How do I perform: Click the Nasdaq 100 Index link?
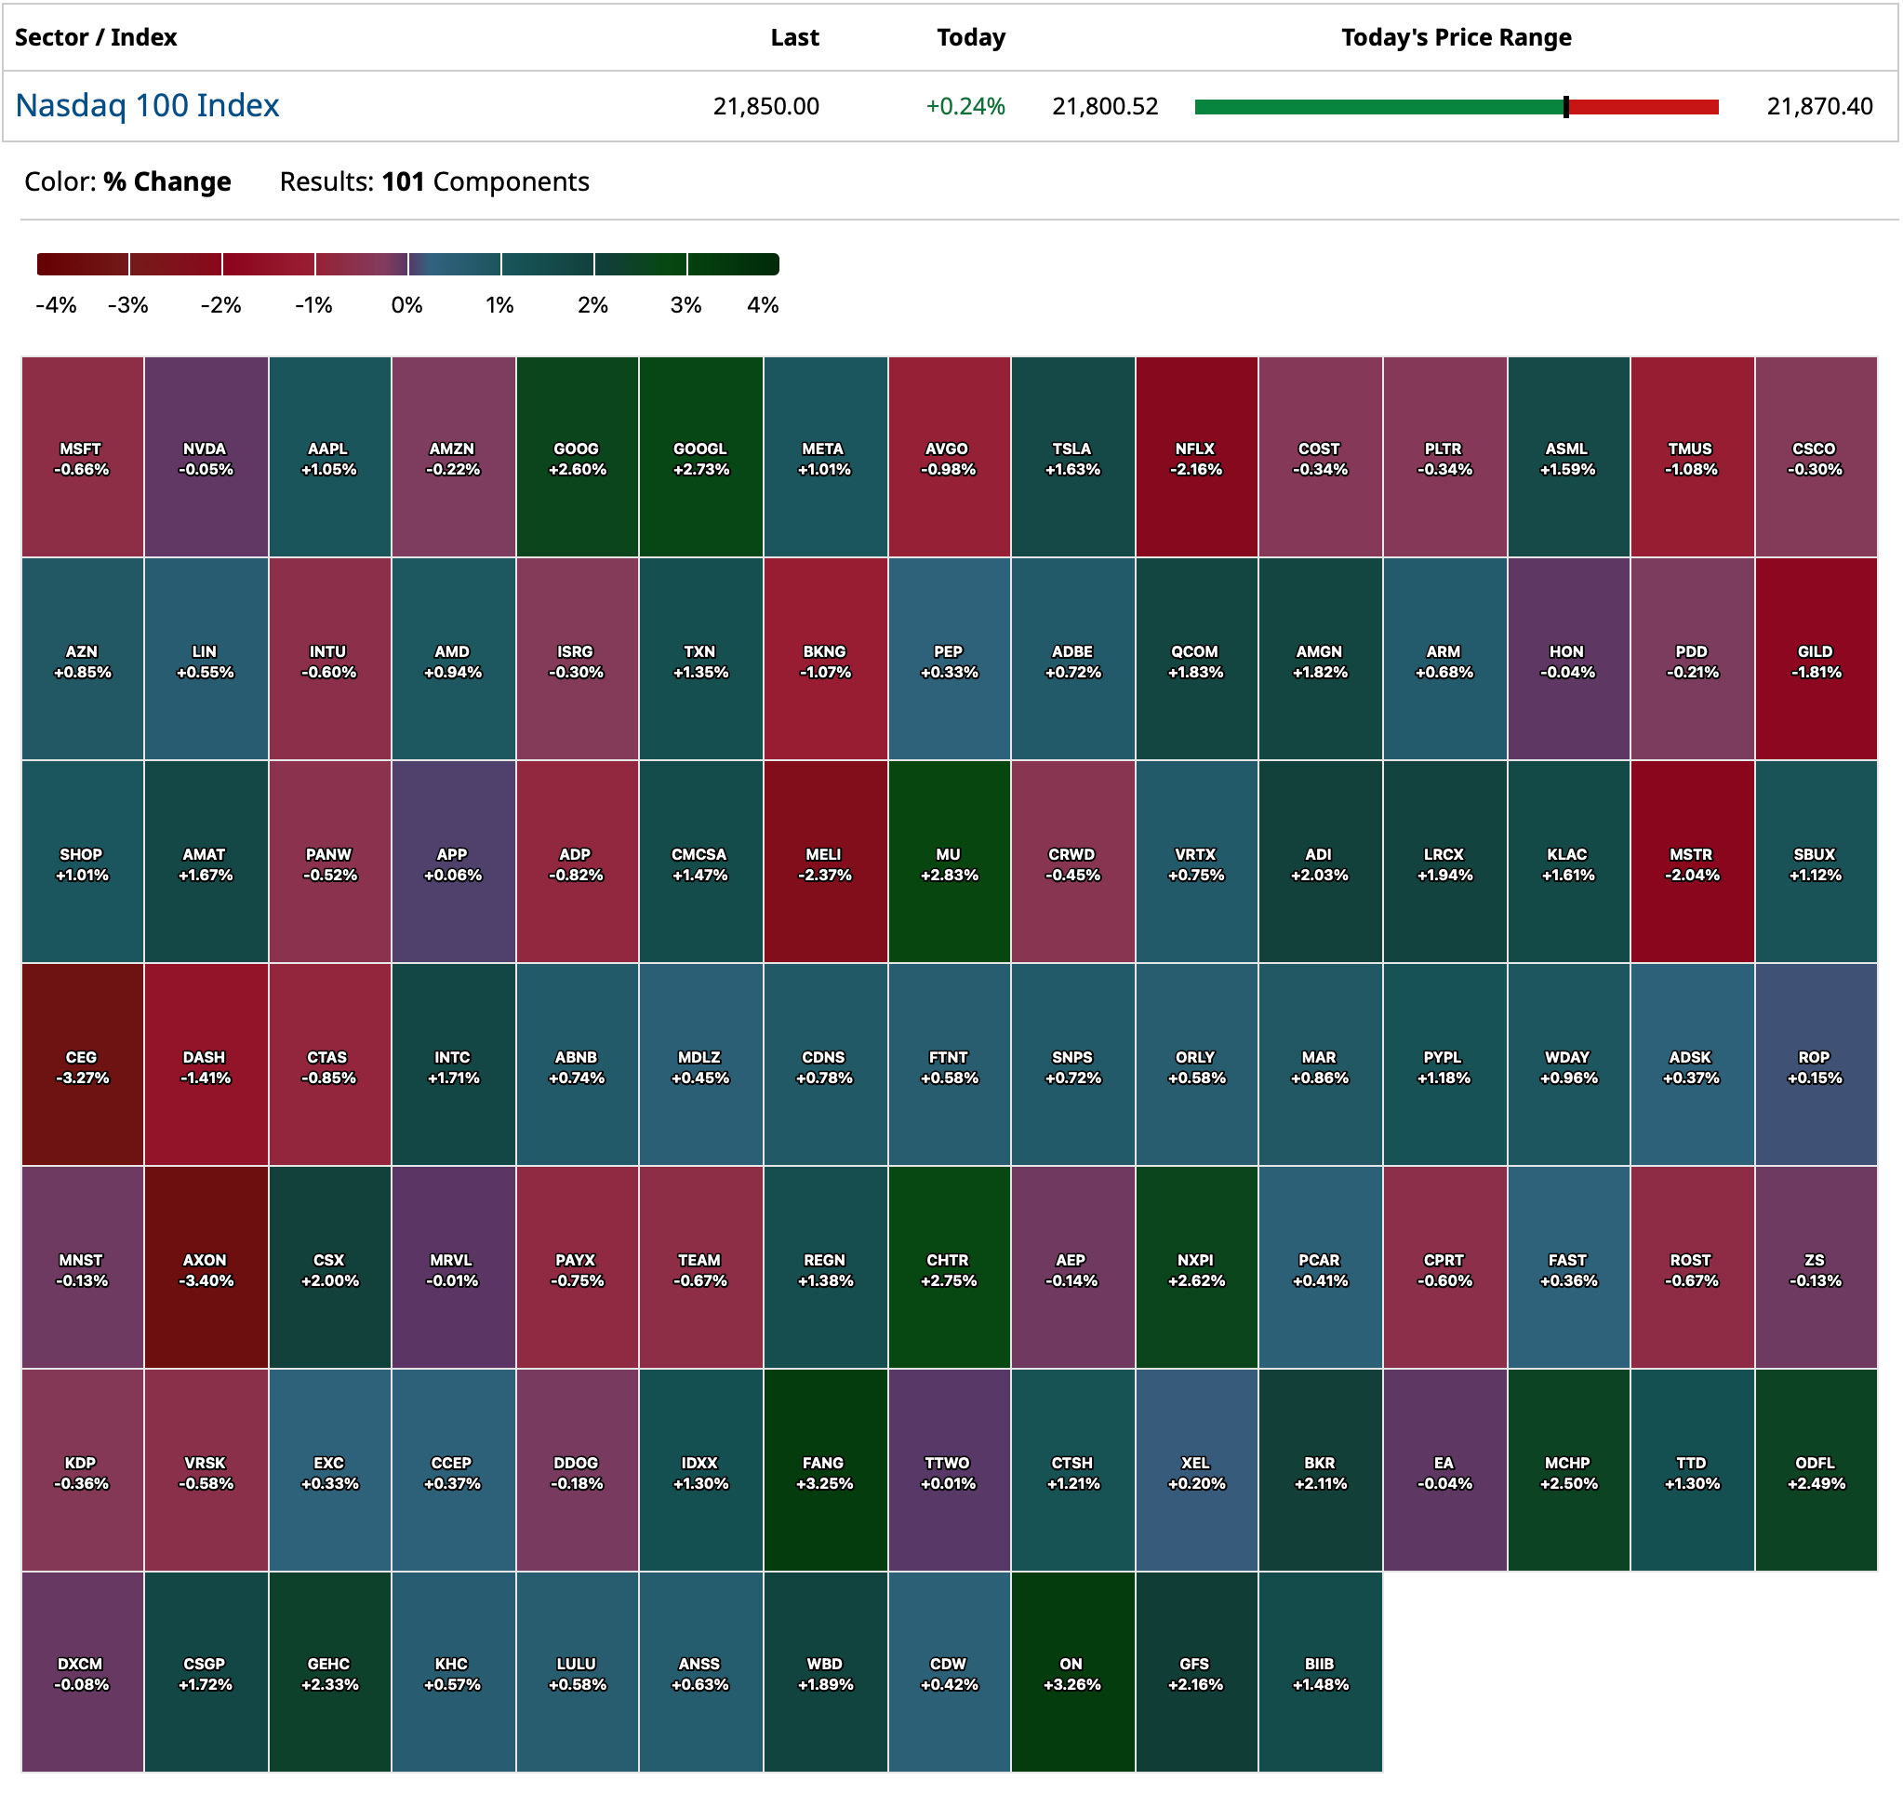pyautogui.click(x=147, y=105)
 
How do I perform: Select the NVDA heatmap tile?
pyautogui.click(x=206, y=458)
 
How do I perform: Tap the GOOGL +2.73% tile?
pyautogui.click(x=700, y=458)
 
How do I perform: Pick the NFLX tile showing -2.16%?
pyautogui.click(x=1195, y=458)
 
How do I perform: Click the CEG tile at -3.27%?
pyautogui.click(x=82, y=1065)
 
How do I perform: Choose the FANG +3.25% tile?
pyautogui.click(x=824, y=1471)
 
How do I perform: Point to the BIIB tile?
pyautogui.click(x=1320, y=1672)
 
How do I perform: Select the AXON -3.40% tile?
pyautogui.click(x=206, y=1268)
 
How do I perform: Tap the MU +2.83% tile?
pyautogui.click(x=949, y=863)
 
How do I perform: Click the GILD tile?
pyautogui.click(x=1816, y=660)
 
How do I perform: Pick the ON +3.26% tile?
pyautogui.click(x=1071, y=1672)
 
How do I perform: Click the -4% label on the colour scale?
pyautogui.click(x=56, y=305)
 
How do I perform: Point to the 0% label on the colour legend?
pyautogui.click(x=406, y=305)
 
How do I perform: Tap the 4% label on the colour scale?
pyautogui.click(x=762, y=305)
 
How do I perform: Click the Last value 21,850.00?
pyautogui.click(x=765, y=106)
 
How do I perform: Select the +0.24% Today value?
pyautogui.click(x=965, y=106)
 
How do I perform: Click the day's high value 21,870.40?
pyautogui.click(x=1819, y=106)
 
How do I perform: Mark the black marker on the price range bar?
pyautogui.click(x=1566, y=107)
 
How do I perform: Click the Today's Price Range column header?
pyautogui.click(x=1456, y=37)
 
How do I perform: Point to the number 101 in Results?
pyautogui.click(x=403, y=182)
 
